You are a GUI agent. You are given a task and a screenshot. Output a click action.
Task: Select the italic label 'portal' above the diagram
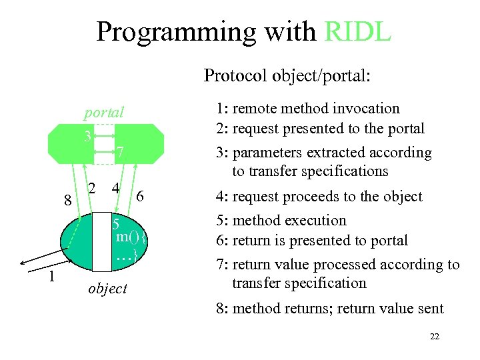[x=104, y=113]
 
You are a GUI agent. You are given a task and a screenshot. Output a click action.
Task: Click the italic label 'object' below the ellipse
[x=107, y=288]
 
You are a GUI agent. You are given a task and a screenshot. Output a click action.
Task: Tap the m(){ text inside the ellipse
[x=130, y=237]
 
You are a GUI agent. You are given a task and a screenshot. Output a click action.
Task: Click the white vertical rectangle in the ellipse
[x=102, y=241]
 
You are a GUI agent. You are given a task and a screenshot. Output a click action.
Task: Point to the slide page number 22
[x=435, y=337]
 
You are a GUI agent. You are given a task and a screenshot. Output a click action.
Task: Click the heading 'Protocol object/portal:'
[x=287, y=75]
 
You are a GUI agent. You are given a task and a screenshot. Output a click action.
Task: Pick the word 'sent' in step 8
[x=430, y=308]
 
